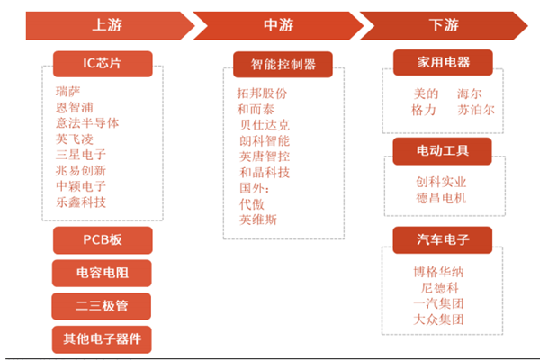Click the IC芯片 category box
pos(102,63)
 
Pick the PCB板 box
pos(102,240)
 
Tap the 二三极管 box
pos(102,306)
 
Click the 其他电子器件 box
pos(102,339)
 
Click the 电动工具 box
pos(442,149)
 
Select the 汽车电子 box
pos(442,239)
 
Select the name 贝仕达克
pos(265,124)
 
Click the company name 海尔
pos(470,93)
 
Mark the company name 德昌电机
pos(441,197)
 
